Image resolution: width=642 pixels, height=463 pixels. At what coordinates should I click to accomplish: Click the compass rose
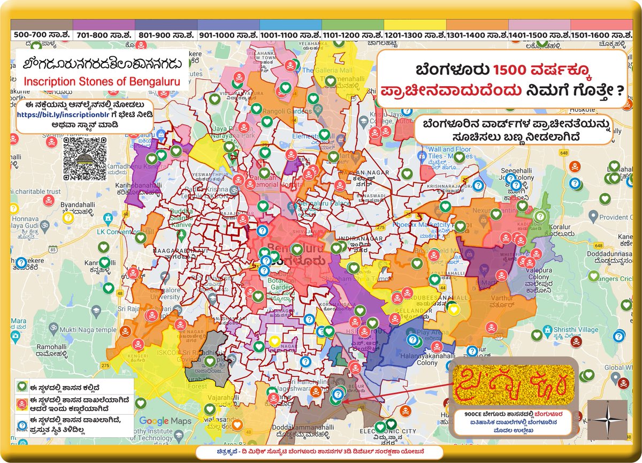click(607, 419)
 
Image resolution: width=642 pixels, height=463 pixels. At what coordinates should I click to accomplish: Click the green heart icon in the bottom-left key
click(22, 386)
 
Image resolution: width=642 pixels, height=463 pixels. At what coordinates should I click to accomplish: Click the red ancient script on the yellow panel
click(511, 384)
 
